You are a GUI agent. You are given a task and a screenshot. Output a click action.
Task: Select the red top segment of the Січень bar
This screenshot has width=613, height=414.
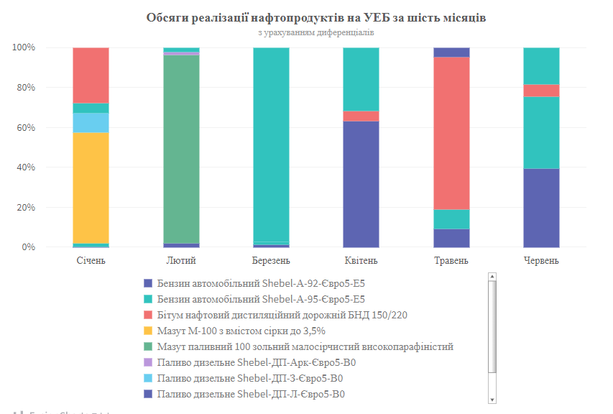91,75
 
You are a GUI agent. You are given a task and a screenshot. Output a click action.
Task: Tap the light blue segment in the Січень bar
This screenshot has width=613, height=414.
91,123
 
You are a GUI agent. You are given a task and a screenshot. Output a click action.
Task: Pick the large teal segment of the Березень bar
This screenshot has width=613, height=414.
271,144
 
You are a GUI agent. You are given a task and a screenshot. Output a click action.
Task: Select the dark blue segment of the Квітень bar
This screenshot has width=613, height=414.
361,184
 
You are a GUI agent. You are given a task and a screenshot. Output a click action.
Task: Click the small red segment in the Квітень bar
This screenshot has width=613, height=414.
361,116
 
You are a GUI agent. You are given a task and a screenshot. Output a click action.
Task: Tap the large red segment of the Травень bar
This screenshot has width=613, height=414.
451,133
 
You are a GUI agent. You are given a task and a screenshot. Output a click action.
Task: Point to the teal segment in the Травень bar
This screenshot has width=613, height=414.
451,219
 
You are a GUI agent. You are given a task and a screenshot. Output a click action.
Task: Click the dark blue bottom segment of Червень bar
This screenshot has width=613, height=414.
541,208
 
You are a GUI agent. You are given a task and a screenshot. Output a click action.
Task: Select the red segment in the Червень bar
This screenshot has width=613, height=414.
541,91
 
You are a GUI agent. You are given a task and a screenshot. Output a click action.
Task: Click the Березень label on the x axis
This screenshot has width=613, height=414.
271,260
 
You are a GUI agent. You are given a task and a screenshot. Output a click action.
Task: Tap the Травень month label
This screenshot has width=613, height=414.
451,260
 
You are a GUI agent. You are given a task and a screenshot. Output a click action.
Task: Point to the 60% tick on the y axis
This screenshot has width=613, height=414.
24,128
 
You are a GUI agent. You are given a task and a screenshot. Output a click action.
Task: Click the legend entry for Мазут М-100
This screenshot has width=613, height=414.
241,331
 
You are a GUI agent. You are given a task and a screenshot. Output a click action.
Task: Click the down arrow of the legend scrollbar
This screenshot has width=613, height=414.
492,399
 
